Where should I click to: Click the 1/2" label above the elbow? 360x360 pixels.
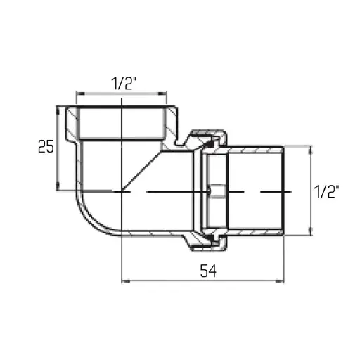[122, 83]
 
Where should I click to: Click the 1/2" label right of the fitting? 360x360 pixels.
[327, 191]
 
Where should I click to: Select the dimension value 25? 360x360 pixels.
[46, 147]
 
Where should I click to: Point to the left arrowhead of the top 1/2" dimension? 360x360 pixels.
[79, 93]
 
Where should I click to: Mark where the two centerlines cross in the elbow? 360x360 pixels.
[122, 191]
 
